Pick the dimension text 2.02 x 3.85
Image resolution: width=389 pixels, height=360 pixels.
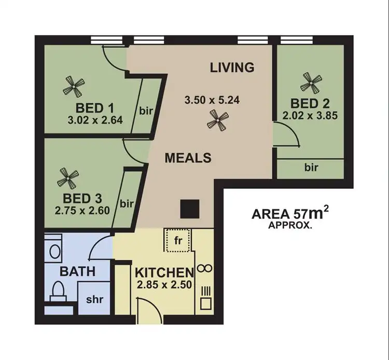(311, 116)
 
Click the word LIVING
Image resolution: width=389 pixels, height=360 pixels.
(232, 67)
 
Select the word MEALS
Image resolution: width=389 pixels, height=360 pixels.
(188, 158)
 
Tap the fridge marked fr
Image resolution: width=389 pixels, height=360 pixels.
(177, 240)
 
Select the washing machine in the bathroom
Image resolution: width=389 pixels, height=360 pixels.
(53, 250)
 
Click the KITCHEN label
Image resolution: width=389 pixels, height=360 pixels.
(164, 272)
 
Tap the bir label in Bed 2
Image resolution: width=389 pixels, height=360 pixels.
(311, 168)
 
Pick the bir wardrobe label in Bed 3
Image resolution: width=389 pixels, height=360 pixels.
(127, 203)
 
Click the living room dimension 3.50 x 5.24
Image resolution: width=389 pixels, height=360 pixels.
(213, 101)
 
